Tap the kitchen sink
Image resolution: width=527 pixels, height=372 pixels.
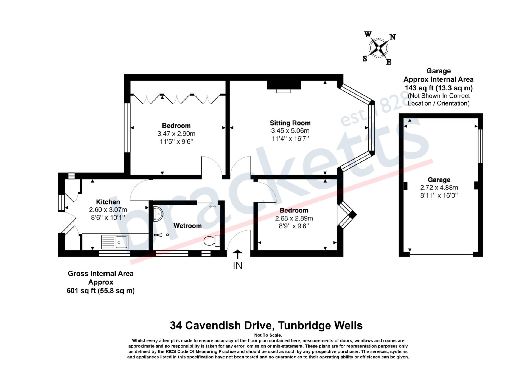115,242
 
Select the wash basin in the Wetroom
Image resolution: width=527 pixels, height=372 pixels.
158,214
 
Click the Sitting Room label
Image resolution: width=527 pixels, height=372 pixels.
290,123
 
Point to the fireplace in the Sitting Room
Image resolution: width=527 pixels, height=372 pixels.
284,85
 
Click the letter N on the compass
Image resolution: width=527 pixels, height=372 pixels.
393,37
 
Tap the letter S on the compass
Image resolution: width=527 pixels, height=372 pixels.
365,58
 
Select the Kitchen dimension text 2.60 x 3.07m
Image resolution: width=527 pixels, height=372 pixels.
108,210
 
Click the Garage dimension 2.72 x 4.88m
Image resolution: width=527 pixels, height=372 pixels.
439,188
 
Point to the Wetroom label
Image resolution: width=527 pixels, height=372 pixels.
187,226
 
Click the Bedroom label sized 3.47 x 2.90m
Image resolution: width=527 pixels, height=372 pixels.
176,126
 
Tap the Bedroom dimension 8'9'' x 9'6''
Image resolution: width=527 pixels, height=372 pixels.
294,226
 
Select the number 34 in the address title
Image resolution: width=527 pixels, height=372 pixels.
176,326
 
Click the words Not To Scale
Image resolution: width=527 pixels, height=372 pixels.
268,335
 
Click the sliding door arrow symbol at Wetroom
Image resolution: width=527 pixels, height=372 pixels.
212,206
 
